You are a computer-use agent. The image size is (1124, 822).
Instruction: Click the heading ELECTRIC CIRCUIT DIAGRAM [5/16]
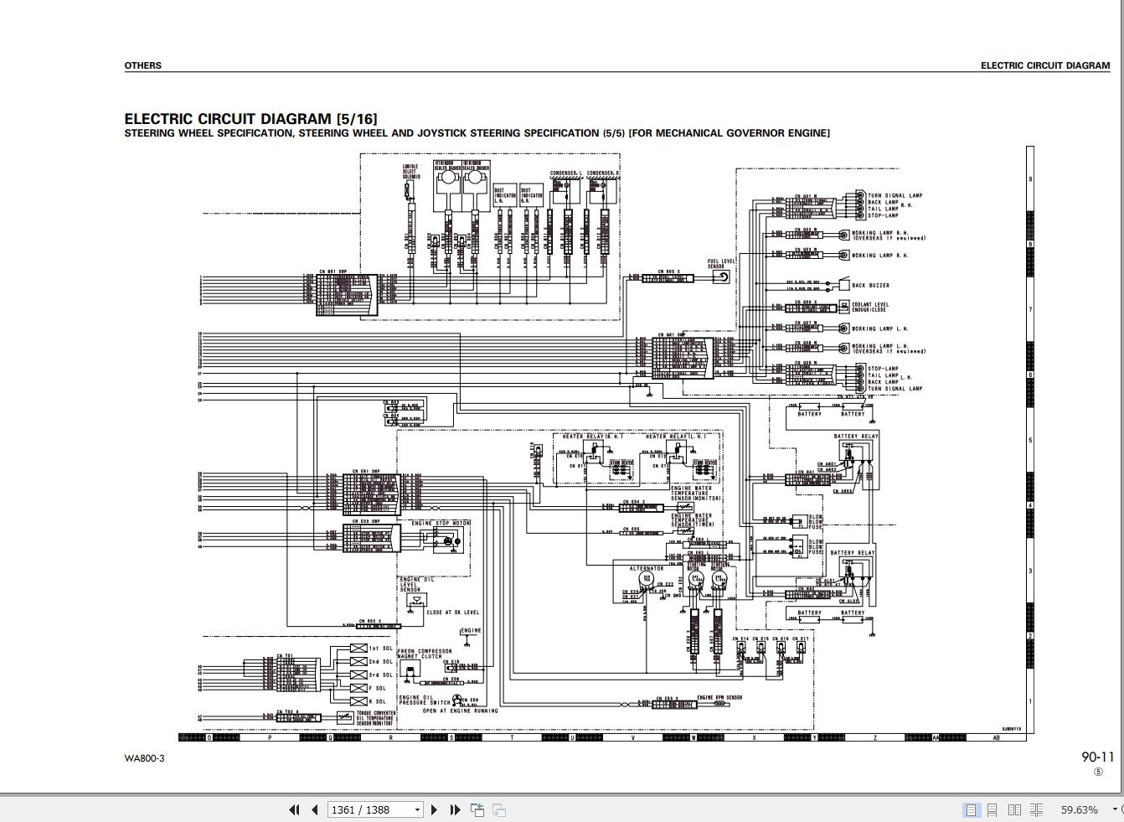coord(250,119)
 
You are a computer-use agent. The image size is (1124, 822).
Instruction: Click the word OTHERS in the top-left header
coord(143,65)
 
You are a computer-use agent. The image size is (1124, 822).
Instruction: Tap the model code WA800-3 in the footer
coord(145,758)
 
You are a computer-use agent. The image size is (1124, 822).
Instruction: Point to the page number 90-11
coord(1097,757)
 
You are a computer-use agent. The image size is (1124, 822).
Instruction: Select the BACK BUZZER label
coord(870,286)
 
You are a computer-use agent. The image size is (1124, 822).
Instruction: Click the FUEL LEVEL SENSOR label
coord(716,264)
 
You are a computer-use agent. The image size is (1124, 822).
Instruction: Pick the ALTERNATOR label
coord(646,569)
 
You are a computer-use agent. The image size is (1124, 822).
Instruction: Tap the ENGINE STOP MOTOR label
coord(441,524)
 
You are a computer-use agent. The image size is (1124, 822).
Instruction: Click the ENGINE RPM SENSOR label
coord(719,697)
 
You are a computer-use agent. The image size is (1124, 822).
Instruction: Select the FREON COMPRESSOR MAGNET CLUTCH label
coord(424,654)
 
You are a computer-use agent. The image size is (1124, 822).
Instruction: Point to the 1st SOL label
coord(381,649)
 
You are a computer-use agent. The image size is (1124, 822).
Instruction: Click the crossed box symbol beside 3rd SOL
coord(358,675)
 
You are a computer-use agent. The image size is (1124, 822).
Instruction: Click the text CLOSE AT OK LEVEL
coord(453,613)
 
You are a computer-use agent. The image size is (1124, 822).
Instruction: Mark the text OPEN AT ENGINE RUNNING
coord(460,711)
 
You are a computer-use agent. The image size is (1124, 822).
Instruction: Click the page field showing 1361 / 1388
coord(373,809)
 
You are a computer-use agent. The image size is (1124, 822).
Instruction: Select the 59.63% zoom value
coord(1079,809)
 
